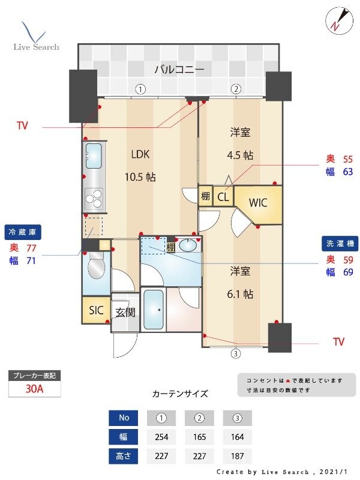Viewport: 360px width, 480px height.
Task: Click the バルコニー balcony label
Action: click(x=179, y=70)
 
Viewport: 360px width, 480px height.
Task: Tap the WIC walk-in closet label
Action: click(x=258, y=202)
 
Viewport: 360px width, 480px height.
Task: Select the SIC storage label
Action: click(x=96, y=310)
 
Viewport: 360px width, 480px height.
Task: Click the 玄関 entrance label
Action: click(x=125, y=312)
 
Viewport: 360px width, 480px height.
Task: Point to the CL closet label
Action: click(x=223, y=197)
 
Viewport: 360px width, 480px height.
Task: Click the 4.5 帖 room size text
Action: click(x=240, y=155)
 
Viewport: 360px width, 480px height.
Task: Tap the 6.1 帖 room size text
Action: click(x=240, y=294)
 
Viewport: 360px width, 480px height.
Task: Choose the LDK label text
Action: click(x=140, y=154)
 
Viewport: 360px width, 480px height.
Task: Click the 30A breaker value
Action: click(x=34, y=389)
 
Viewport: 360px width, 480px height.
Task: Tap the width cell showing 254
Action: click(x=161, y=436)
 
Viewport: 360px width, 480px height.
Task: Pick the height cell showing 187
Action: click(x=236, y=455)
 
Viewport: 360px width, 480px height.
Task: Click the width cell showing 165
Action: click(x=199, y=436)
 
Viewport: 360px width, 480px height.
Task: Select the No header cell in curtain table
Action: click(x=123, y=418)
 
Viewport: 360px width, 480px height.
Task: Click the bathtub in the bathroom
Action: click(x=154, y=310)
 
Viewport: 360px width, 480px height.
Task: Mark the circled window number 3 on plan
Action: click(x=236, y=353)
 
